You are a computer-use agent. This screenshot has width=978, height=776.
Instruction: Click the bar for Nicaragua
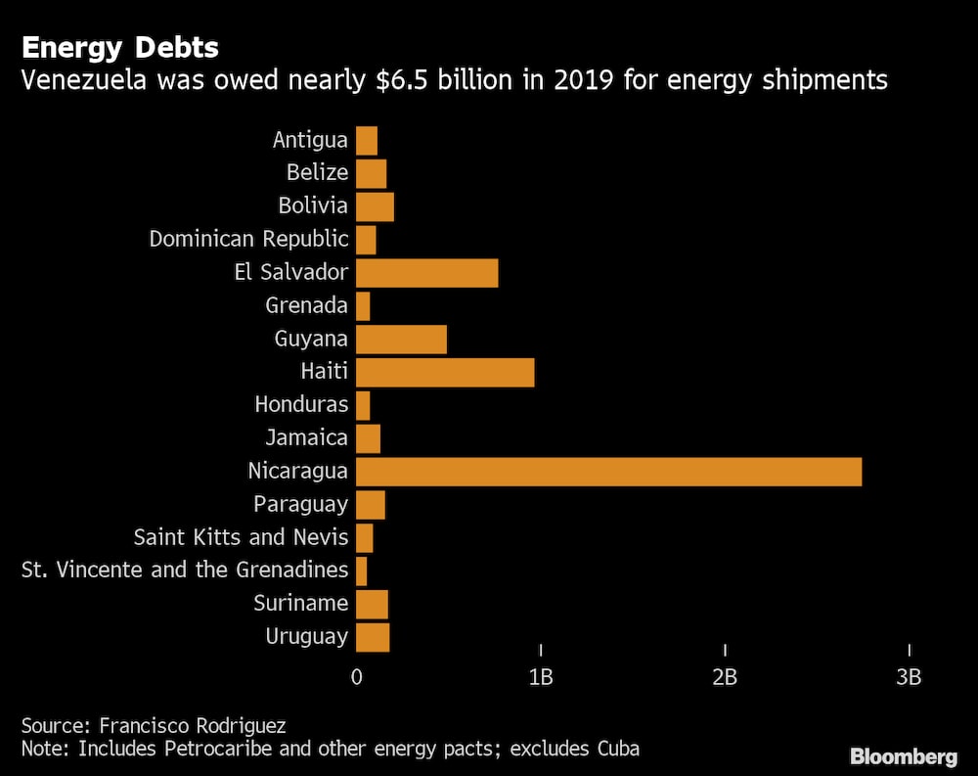(608, 472)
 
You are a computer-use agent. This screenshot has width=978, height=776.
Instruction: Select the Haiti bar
(445, 372)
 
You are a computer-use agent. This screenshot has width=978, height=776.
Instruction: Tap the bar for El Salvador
(426, 272)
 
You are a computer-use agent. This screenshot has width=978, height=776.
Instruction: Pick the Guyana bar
(401, 339)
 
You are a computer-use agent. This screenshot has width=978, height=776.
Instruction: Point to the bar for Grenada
(363, 305)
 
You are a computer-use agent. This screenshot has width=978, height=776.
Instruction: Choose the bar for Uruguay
(373, 637)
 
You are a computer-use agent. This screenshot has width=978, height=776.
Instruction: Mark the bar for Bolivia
(375, 206)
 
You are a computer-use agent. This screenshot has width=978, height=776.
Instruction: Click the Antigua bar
(367, 140)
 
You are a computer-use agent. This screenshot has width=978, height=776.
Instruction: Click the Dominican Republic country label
(248, 239)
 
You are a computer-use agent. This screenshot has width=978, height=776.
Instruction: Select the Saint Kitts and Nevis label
(241, 537)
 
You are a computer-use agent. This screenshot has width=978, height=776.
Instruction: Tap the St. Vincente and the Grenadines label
(185, 570)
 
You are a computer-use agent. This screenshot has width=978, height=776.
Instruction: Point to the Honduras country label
(301, 404)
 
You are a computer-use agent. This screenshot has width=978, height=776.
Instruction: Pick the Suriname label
(300, 603)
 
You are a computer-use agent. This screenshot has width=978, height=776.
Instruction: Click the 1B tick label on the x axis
(541, 677)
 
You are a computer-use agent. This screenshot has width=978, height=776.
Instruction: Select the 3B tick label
(910, 677)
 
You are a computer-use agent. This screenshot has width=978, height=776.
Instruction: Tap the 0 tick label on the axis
(356, 677)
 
